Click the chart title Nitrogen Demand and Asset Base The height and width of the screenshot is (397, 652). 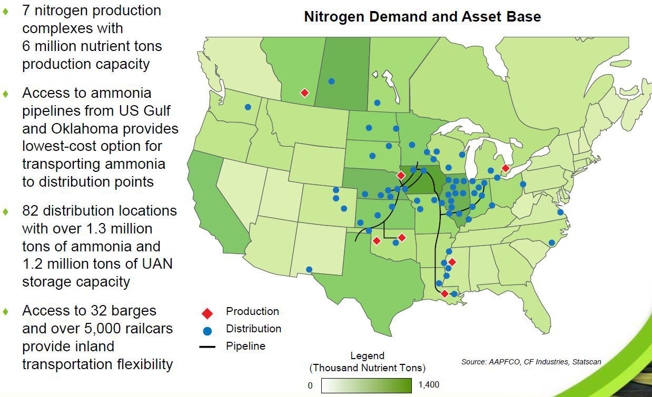tap(422, 17)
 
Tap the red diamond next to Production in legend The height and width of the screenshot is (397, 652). tap(208, 313)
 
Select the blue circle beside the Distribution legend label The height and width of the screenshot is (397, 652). tap(208, 331)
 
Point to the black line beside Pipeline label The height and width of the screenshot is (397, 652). tap(208, 347)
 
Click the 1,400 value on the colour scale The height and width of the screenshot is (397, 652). tap(428, 385)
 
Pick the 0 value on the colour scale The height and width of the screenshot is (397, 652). tap(310, 385)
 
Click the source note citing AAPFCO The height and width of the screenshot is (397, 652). tap(531, 362)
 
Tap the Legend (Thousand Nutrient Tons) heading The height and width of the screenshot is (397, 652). tap(367, 362)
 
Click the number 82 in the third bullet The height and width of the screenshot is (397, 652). tap(31, 211)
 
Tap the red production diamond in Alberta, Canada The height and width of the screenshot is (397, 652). tap(304, 93)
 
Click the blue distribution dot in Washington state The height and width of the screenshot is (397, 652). tap(248, 107)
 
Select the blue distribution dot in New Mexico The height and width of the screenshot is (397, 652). tap(309, 270)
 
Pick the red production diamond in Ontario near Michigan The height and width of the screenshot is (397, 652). tap(506, 168)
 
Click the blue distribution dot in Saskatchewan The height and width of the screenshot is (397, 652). tap(331, 81)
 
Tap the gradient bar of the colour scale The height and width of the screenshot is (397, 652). tap(366, 385)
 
